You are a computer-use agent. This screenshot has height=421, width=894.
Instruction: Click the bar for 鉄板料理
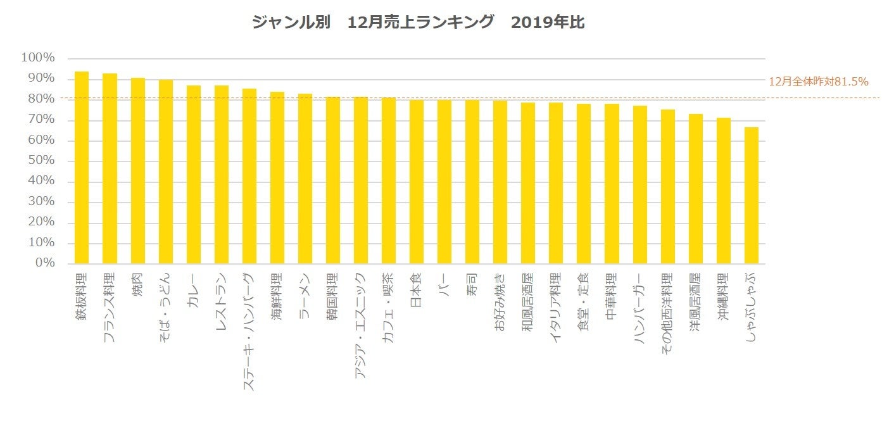coord(82,168)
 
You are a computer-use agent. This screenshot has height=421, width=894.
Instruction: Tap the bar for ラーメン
coord(305,179)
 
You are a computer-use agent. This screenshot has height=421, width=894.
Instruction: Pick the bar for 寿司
coord(472,181)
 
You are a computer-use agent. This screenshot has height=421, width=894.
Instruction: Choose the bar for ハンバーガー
coord(640,184)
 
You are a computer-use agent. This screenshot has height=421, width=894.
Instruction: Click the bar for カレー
coord(193,174)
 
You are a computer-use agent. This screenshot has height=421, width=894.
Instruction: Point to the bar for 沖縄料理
coord(724,191)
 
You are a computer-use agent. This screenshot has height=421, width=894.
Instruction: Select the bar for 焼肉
coord(137,170)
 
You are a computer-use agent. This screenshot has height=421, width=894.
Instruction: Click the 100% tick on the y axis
coord(39,58)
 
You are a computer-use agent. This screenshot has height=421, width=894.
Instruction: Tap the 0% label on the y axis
coord(44,263)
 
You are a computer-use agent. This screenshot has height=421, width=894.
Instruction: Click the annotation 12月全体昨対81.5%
coord(817,82)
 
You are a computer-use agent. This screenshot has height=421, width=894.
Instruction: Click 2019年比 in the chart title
coord(548,23)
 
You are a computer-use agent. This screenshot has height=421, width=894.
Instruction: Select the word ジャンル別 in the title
coord(291,23)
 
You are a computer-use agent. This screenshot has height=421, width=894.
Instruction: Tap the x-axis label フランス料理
coord(110,308)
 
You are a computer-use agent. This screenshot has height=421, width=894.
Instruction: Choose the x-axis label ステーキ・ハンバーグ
coord(249,330)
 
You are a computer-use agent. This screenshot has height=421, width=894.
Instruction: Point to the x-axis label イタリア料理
coord(556,308)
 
